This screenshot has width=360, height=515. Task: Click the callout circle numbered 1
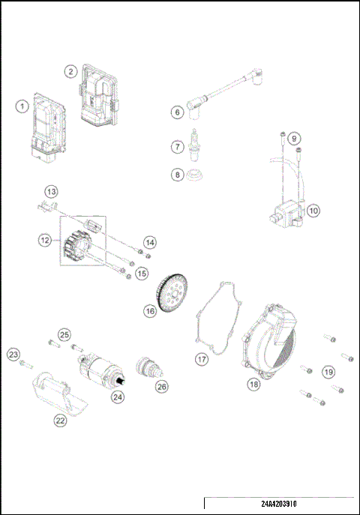pos(23,106)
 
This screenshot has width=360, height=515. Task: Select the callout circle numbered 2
pos(70,72)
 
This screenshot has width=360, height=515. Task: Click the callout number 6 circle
pos(178,112)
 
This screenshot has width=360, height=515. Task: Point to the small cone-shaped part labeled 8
pos(196,177)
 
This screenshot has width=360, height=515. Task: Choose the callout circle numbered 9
pos(294,139)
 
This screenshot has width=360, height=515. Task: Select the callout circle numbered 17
pos(201,359)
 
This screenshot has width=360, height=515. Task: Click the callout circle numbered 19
pos(328,370)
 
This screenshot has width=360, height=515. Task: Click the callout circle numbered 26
pos(161,387)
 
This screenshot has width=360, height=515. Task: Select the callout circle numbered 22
pos(60,421)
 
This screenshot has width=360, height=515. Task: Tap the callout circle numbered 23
pos(13,354)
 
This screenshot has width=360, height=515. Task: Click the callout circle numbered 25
pos(64,334)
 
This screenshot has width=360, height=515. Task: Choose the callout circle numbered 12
pos(45,241)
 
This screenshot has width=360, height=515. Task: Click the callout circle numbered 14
pos(151,242)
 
